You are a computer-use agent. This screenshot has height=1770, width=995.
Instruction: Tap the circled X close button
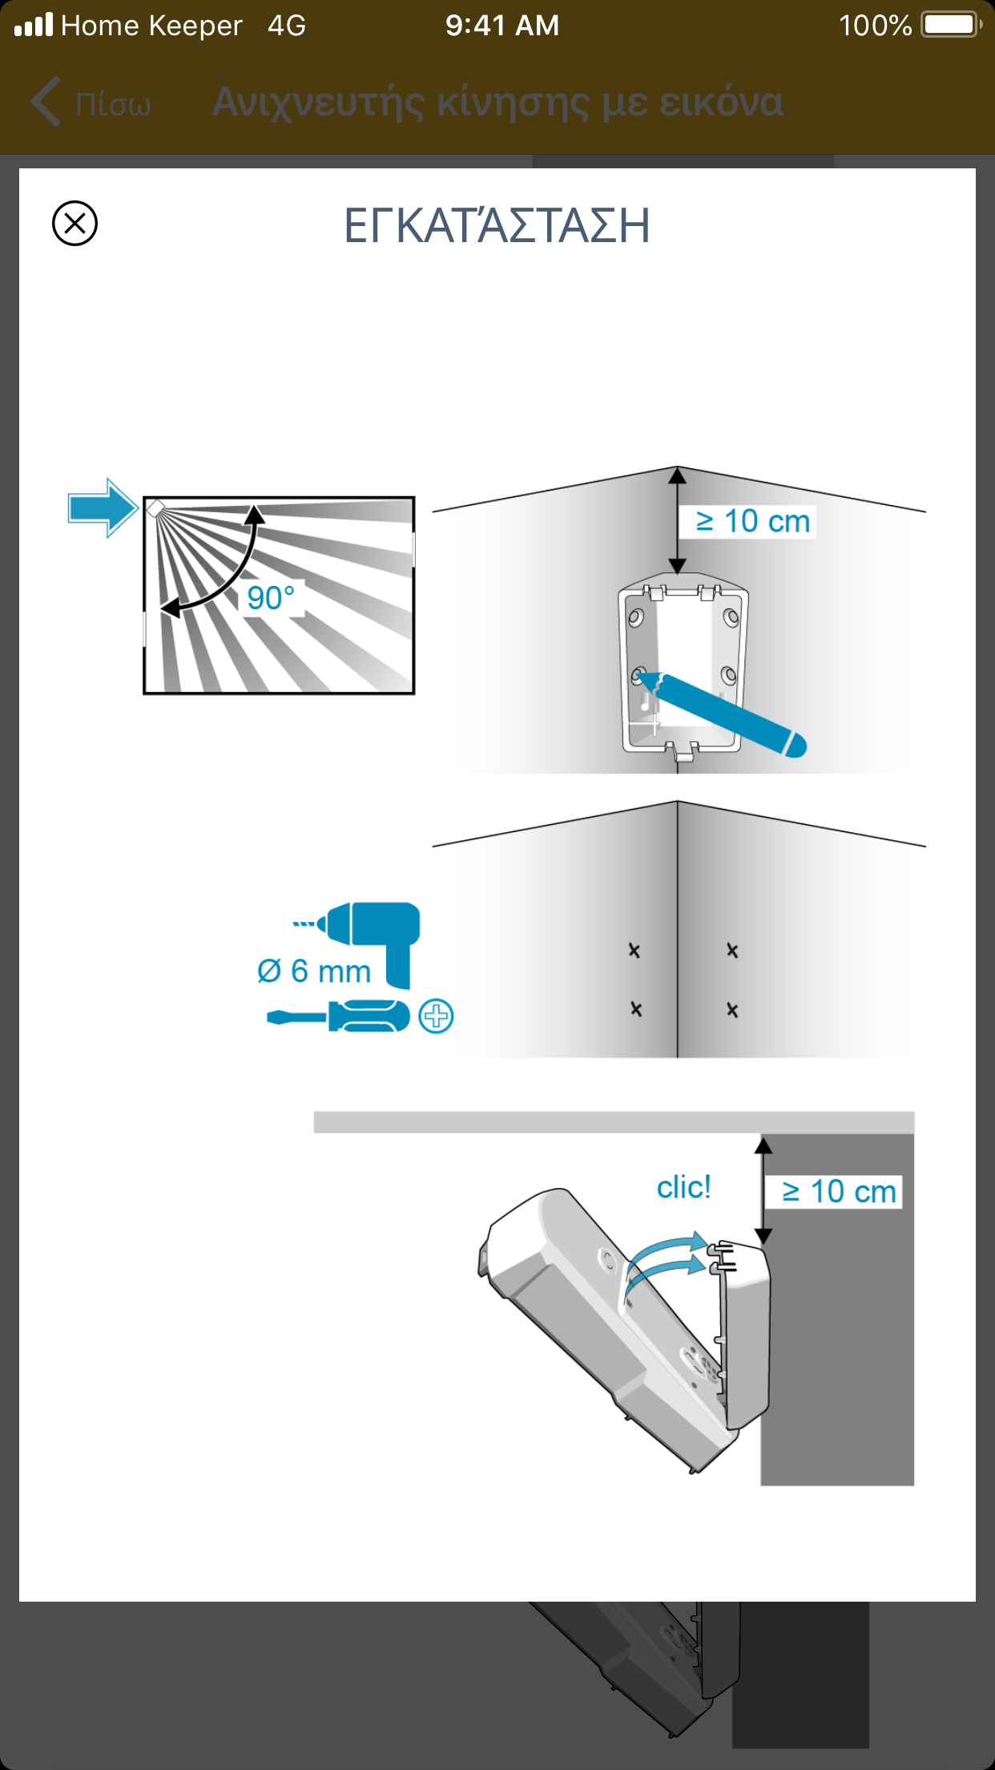click(75, 223)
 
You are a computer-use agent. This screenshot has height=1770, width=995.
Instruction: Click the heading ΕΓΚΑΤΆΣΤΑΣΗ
click(497, 225)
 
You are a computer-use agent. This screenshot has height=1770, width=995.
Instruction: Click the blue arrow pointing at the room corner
click(103, 507)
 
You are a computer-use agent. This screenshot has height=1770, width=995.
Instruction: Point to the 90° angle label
click(271, 598)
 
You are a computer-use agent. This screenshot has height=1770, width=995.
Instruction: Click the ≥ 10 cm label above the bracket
click(752, 521)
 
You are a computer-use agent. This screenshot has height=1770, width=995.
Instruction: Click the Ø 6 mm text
click(314, 972)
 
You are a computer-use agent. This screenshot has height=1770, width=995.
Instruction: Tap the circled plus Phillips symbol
click(437, 1016)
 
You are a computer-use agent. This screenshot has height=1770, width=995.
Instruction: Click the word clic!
click(683, 1187)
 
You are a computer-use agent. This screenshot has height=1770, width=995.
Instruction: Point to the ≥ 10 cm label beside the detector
click(839, 1191)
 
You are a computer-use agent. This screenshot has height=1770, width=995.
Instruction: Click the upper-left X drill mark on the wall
click(634, 951)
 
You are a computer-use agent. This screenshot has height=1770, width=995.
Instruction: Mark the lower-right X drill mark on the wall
click(732, 1010)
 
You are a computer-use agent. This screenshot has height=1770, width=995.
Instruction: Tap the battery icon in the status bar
click(950, 25)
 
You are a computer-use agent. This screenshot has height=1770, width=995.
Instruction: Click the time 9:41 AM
click(502, 26)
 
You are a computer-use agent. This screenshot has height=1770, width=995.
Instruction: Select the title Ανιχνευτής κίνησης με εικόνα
click(497, 103)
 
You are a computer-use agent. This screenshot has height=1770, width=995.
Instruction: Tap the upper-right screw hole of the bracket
click(731, 617)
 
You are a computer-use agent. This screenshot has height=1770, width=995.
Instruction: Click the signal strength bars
click(34, 26)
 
